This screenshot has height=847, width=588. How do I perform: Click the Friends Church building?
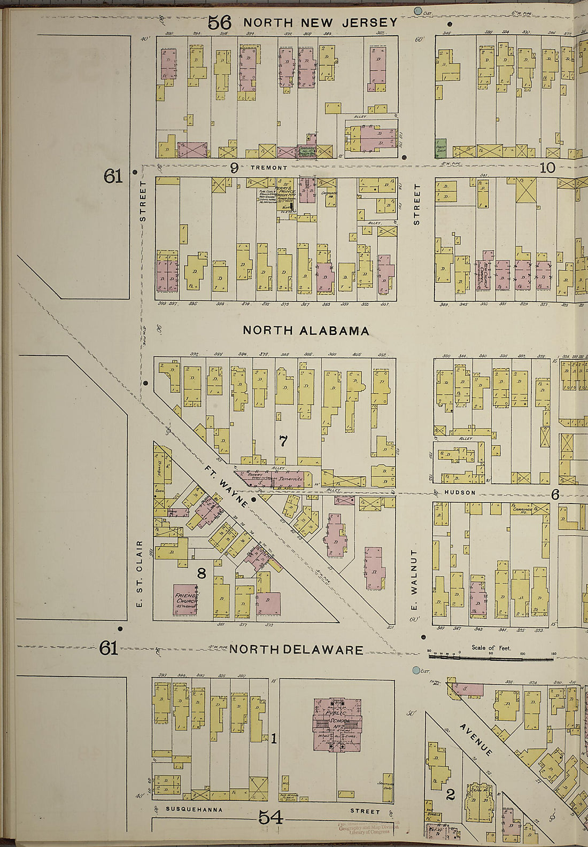coord(185,600)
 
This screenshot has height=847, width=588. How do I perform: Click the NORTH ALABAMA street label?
coord(306,331)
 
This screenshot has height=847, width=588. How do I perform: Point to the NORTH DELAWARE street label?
coord(297,650)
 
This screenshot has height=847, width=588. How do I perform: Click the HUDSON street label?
coord(460,492)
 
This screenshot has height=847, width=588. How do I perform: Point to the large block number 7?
coord(283,441)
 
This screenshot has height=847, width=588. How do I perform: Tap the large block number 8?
coord(201,574)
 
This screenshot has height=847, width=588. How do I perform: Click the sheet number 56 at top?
coord(219,22)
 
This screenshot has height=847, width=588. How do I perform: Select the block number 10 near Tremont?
coord(547,168)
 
